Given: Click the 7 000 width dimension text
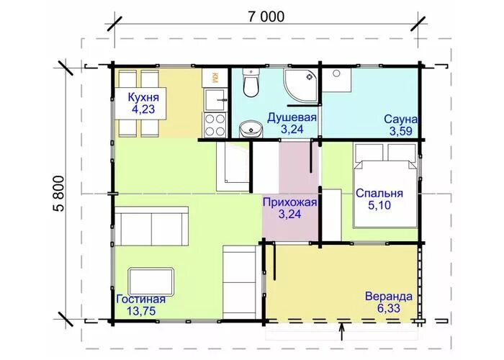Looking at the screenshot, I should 266,17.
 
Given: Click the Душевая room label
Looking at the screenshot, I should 292,117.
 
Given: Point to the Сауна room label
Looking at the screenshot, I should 401,119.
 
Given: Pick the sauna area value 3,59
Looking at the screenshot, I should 401,131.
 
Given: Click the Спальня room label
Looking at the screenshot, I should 379,194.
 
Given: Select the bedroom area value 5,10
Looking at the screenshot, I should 379,207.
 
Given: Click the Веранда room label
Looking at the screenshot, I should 389,297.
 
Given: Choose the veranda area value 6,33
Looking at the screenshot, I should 389,309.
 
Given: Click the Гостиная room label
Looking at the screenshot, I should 140,299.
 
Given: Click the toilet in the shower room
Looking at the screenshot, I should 251,84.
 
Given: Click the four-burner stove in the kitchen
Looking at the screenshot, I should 215,124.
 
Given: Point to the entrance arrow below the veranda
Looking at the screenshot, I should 342,330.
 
